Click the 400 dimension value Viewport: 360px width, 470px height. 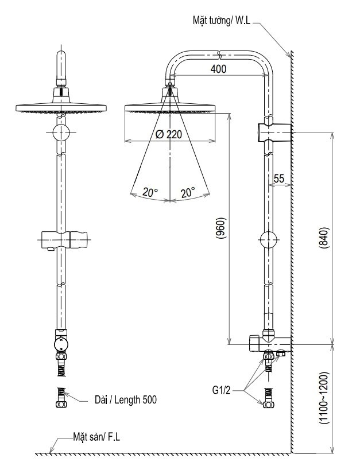click(x=219, y=69)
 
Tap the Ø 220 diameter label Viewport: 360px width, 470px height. click(x=171, y=134)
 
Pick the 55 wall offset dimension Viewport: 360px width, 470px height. click(x=279, y=179)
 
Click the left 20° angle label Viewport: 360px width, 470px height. click(x=151, y=193)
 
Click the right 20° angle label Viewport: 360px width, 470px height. click(x=188, y=193)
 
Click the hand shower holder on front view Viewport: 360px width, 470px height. click(x=63, y=238)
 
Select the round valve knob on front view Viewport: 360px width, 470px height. click(x=61, y=344)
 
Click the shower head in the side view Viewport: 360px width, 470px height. click(x=171, y=107)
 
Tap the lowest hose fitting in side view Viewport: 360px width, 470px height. click(x=268, y=398)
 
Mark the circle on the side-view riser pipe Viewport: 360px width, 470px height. click(x=269, y=238)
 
